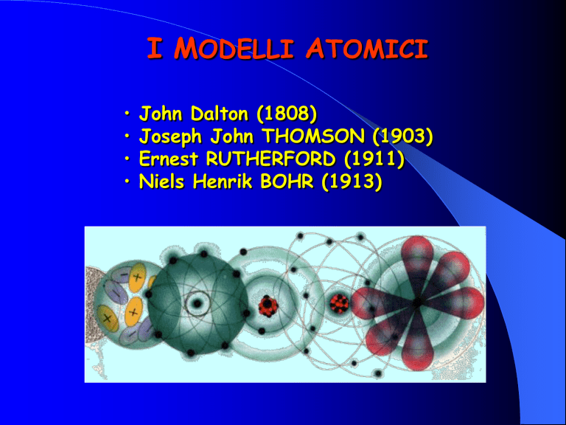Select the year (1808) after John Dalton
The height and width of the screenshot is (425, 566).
[x=287, y=114]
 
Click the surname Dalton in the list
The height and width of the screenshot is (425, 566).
[x=220, y=114]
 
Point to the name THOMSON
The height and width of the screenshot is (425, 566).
[x=313, y=137]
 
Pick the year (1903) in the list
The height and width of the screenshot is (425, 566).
[x=402, y=137]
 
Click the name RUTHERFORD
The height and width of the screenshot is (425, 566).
[x=270, y=159]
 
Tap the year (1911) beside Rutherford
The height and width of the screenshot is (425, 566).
[x=374, y=159]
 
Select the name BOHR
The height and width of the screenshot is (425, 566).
[x=287, y=182]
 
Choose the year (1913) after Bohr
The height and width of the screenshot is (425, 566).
[x=352, y=182]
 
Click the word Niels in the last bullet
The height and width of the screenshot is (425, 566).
[x=162, y=182]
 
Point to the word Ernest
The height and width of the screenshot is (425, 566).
[x=169, y=159]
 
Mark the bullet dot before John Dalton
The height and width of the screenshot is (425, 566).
[x=127, y=113]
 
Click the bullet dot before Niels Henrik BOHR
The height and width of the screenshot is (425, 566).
[x=127, y=181]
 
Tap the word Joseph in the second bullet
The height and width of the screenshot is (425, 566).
[x=171, y=137]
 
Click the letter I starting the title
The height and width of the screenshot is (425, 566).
[x=155, y=49]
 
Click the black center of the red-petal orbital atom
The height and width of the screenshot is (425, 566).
[x=417, y=302]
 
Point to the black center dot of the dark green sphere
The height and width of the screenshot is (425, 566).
[x=197, y=303]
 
